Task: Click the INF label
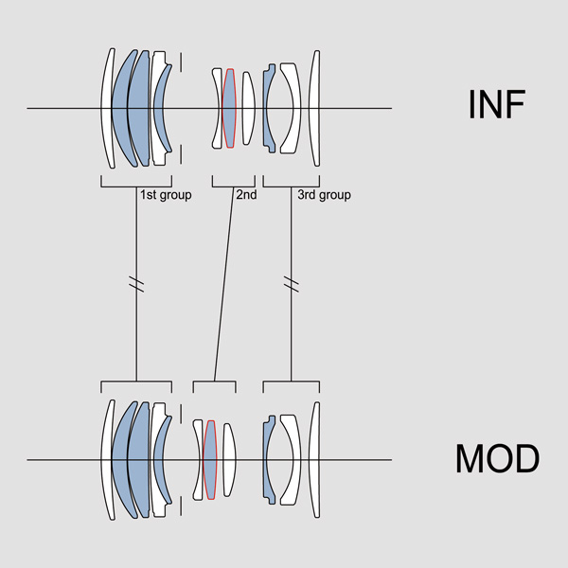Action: pos(496,105)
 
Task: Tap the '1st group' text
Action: pos(166,195)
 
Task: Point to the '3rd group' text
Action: pos(323,195)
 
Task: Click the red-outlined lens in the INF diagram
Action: pos(228,108)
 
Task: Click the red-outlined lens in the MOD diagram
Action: pos(210,460)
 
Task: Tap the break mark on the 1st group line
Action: pos(136,283)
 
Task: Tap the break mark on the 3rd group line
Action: pos(291,283)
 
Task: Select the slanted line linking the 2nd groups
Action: pos(224,283)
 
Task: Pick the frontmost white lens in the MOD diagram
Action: pos(107,460)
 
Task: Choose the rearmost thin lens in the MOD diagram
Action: pos(316,460)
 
